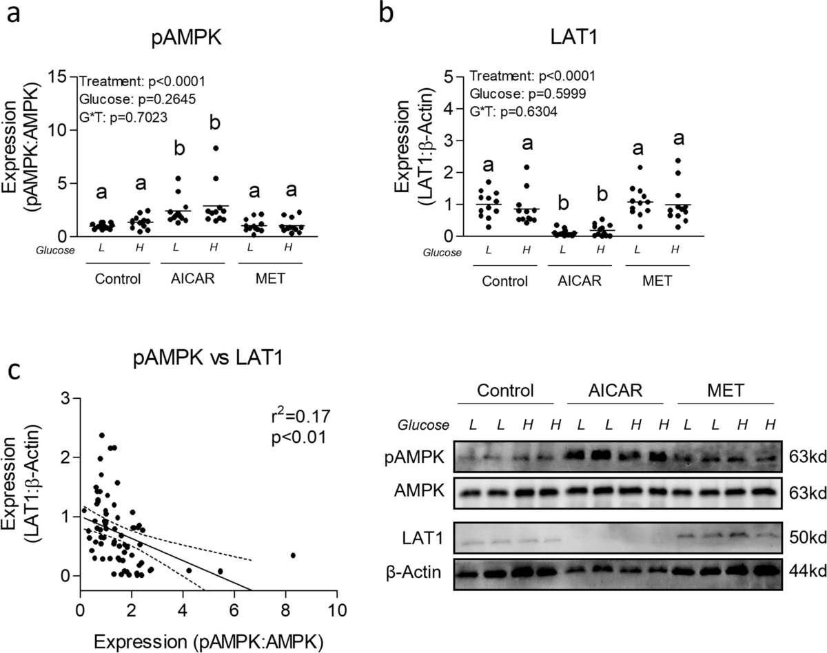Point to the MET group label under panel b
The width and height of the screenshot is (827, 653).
653,281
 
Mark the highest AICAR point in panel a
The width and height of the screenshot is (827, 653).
216,148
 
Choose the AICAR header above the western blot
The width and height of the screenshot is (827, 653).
615,391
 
